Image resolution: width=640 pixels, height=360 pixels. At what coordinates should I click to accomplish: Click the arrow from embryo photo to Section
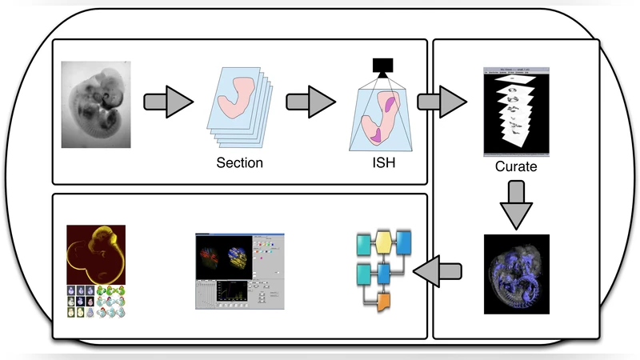pos(168,102)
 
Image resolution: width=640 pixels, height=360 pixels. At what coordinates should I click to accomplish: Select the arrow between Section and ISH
pos(310,102)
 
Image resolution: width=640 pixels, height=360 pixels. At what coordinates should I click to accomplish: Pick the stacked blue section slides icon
pos(239,108)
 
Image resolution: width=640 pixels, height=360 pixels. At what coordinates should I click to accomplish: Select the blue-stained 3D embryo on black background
pos(516,273)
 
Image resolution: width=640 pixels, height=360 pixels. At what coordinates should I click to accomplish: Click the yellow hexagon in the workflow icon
pos(384,242)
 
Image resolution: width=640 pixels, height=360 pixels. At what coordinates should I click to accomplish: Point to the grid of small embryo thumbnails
pos(96,301)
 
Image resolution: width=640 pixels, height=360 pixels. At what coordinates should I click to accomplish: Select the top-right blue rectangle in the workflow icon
pos(404,242)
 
